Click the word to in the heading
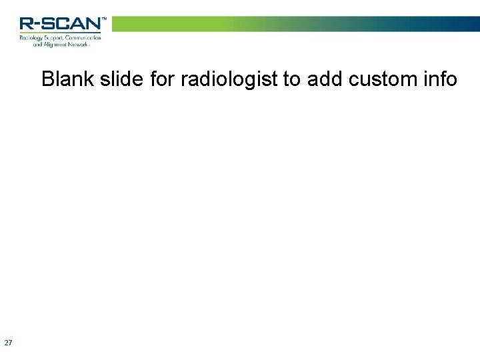tap(291, 79)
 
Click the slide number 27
tap(8, 343)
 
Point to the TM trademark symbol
tap(103, 19)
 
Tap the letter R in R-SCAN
tap(26, 24)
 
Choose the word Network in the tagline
tap(84, 44)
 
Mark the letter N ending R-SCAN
tap(92, 24)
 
